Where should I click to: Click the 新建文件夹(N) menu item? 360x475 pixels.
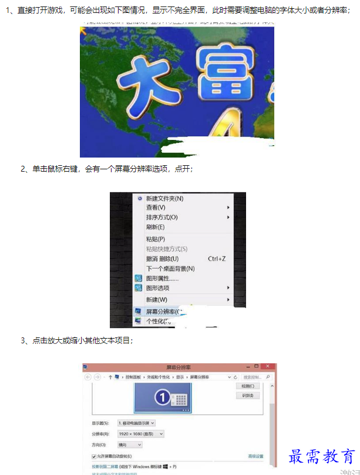164,199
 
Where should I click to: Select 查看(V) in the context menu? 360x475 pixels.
156,208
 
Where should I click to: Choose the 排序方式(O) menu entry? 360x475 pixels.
162,218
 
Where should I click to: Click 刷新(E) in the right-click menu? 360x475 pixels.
155,227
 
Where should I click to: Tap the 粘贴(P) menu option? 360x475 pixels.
155,239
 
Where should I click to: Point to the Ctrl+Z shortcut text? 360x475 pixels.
217,259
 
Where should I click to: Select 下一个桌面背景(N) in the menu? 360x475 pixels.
170,269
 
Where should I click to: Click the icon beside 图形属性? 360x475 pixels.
139,278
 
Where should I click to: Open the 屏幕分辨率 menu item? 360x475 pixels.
162,312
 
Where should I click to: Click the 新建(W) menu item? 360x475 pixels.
156,300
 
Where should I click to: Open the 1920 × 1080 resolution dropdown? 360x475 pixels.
140,434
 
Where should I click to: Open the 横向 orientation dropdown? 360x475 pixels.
130,445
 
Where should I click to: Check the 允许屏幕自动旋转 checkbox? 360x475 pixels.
94,456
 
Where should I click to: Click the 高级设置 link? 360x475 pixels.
255,456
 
